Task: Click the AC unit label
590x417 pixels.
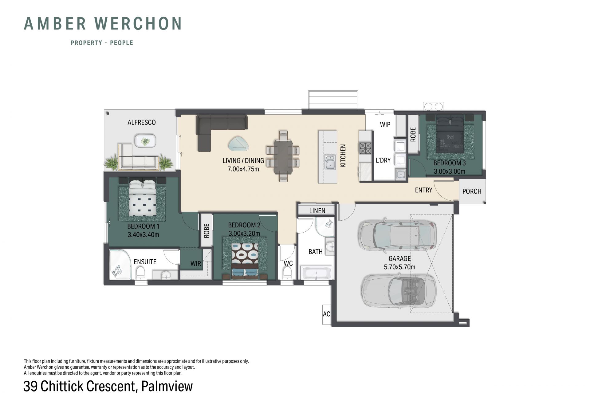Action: [326, 314]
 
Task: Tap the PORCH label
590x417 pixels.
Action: [472, 191]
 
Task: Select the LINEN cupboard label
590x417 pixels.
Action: [317, 211]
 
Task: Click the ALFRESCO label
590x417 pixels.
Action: [142, 122]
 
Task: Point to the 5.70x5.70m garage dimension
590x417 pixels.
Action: [399, 267]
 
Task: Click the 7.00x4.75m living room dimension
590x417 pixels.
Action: [243, 169]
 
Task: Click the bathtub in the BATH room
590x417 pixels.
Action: [317, 273]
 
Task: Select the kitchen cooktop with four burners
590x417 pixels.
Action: [365, 148]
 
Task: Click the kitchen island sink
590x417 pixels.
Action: [330, 162]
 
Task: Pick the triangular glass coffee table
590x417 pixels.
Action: [238, 144]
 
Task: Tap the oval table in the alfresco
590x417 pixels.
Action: [145, 141]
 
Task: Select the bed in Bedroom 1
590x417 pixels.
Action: [143, 198]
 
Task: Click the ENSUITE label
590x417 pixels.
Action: [145, 262]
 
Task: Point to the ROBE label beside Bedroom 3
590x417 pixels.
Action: [413, 135]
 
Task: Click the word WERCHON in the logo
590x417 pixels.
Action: [138, 24]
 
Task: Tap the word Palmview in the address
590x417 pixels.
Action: [167, 386]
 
